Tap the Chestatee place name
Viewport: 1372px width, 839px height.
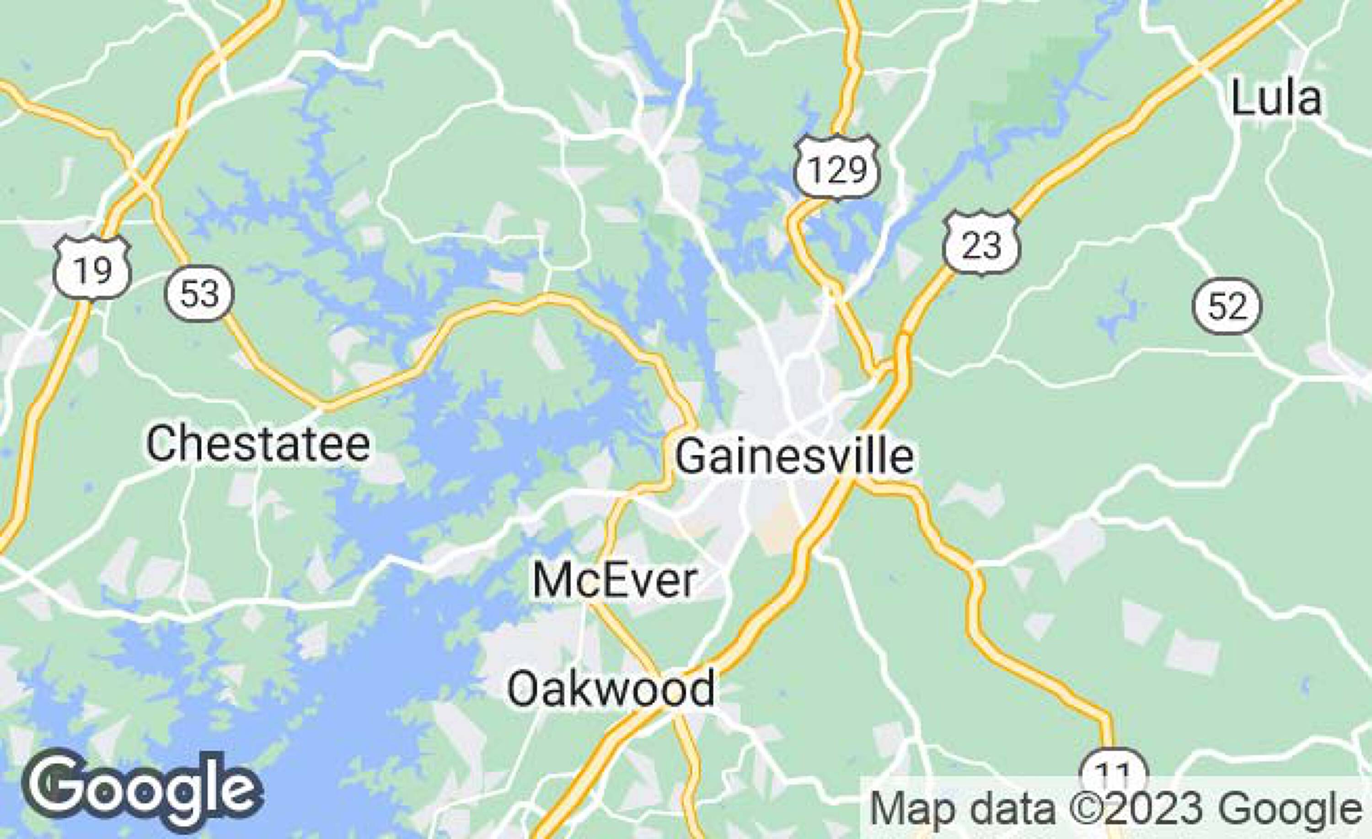258,444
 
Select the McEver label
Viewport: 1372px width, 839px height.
615,581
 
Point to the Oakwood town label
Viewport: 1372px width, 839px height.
611,689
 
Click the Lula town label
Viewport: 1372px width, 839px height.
1276,99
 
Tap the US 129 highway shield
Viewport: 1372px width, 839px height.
837,168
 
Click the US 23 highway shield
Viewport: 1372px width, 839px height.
981,243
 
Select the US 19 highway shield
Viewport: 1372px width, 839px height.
92,269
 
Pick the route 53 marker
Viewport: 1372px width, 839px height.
199,294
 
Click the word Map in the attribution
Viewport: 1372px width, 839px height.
906,809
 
